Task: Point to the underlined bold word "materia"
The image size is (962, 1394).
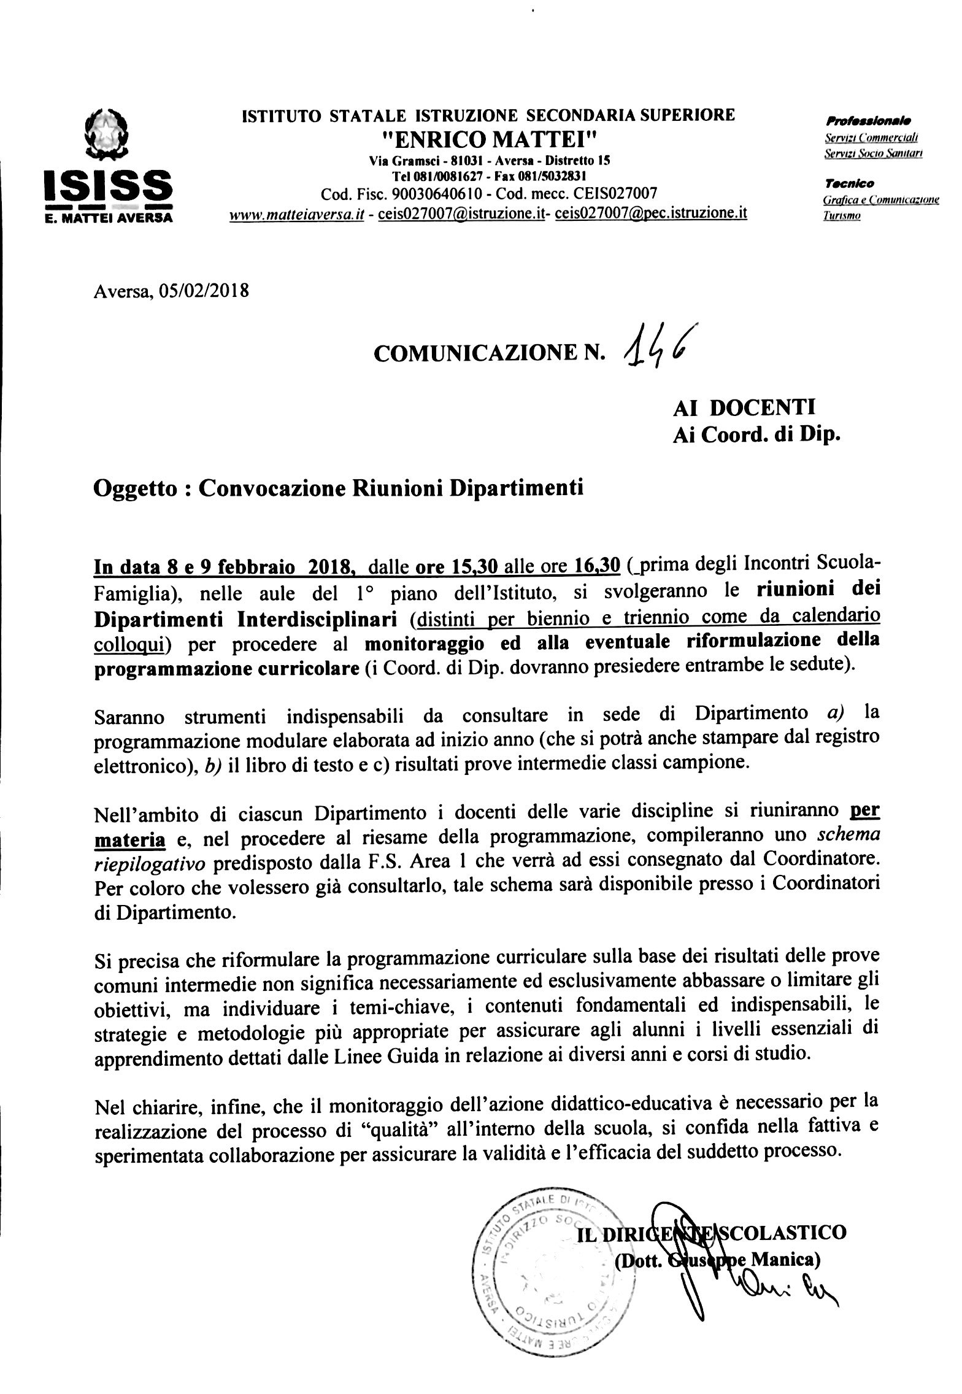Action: (x=129, y=838)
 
